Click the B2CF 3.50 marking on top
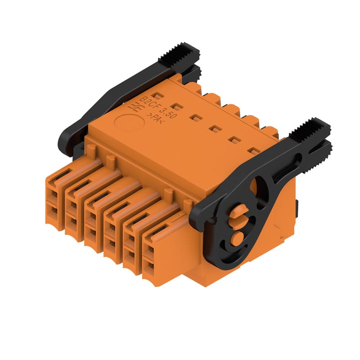tap(158, 108)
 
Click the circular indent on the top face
tap(130, 122)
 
